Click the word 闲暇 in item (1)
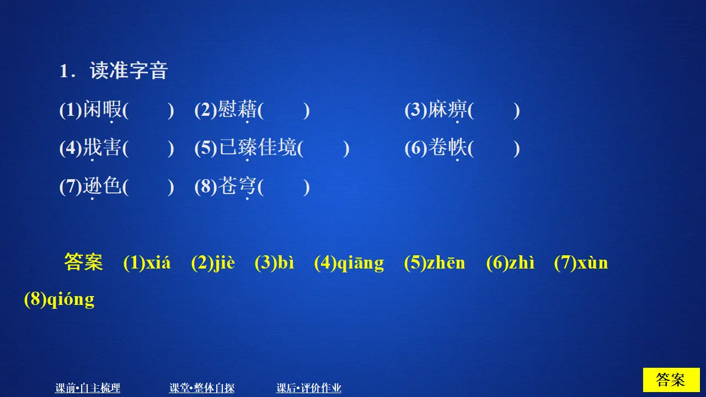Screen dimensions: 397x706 click(x=102, y=111)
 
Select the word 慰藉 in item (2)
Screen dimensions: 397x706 click(x=237, y=111)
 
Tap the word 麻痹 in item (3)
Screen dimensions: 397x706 click(x=447, y=111)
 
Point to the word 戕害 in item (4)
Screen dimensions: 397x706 click(x=102, y=148)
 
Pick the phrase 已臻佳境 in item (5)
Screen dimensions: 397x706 click(x=258, y=148)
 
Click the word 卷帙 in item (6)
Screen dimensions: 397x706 click(x=447, y=148)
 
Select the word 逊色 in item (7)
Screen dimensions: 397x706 click(x=102, y=187)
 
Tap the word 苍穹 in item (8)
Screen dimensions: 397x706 click(x=237, y=187)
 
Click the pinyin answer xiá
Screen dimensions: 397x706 click(x=158, y=263)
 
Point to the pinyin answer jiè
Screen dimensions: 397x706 click(x=224, y=263)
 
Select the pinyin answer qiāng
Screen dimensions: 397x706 click(x=361, y=264)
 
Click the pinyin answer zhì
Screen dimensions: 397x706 click(x=521, y=263)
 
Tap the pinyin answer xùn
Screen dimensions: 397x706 click(x=592, y=263)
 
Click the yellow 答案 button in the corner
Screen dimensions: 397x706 click(x=671, y=380)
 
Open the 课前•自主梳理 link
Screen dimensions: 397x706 click(x=88, y=388)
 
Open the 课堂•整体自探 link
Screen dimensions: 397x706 click(x=202, y=388)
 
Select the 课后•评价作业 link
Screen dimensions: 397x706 click(x=309, y=388)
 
